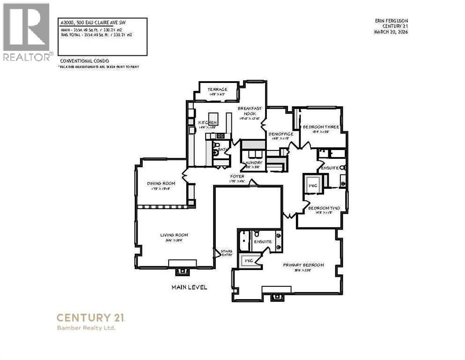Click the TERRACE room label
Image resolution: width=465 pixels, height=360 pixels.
(217, 90)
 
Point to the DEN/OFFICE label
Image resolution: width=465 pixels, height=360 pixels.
(281, 134)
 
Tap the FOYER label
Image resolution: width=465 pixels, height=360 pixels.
(237, 177)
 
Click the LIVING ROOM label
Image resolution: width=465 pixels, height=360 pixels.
(174, 235)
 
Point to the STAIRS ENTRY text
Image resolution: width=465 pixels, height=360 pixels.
(226, 253)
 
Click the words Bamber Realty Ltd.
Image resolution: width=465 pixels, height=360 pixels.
(86, 328)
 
